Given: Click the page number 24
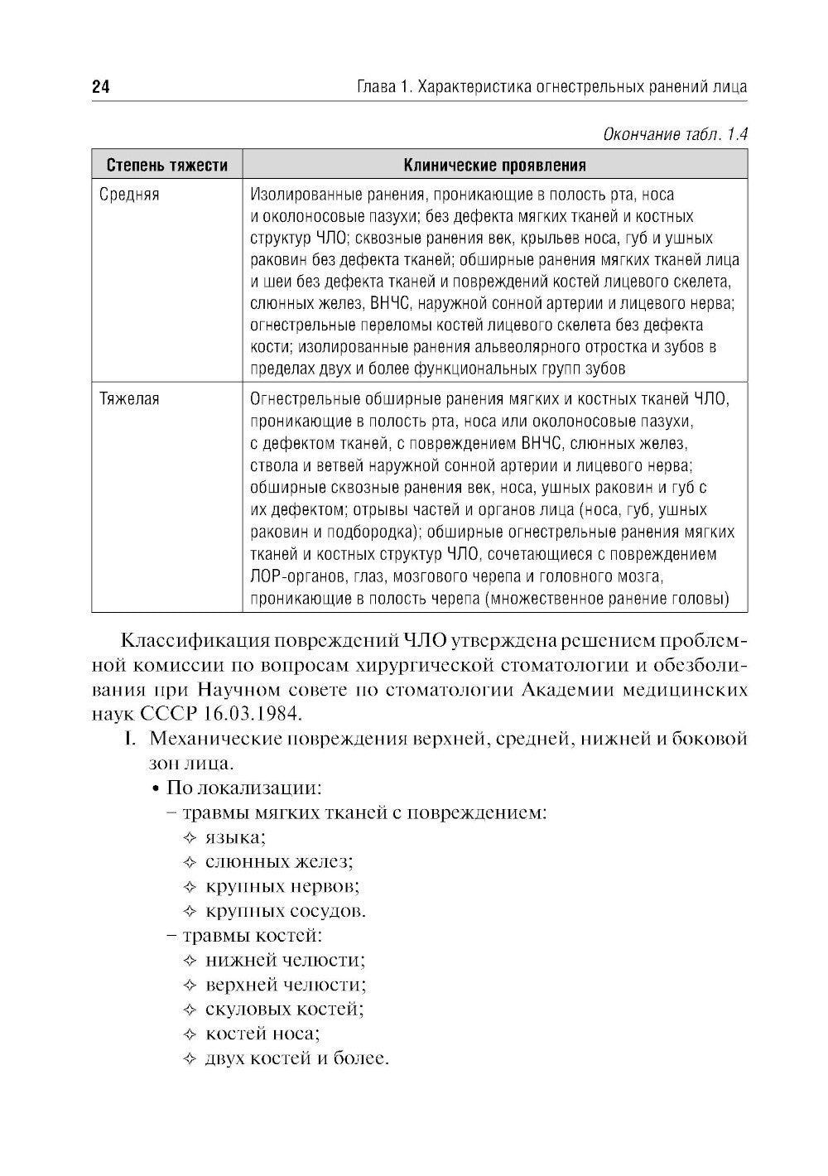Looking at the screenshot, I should [101, 87].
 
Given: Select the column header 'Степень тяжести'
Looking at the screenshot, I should [167, 165].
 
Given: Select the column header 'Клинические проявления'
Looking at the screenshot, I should [494, 165].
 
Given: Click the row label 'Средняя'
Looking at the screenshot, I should [129, 195].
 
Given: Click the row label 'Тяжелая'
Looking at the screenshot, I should [129, 399].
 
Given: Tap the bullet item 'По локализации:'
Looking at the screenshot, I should [243, 787].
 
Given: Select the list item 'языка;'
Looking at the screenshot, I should [235, 837].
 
